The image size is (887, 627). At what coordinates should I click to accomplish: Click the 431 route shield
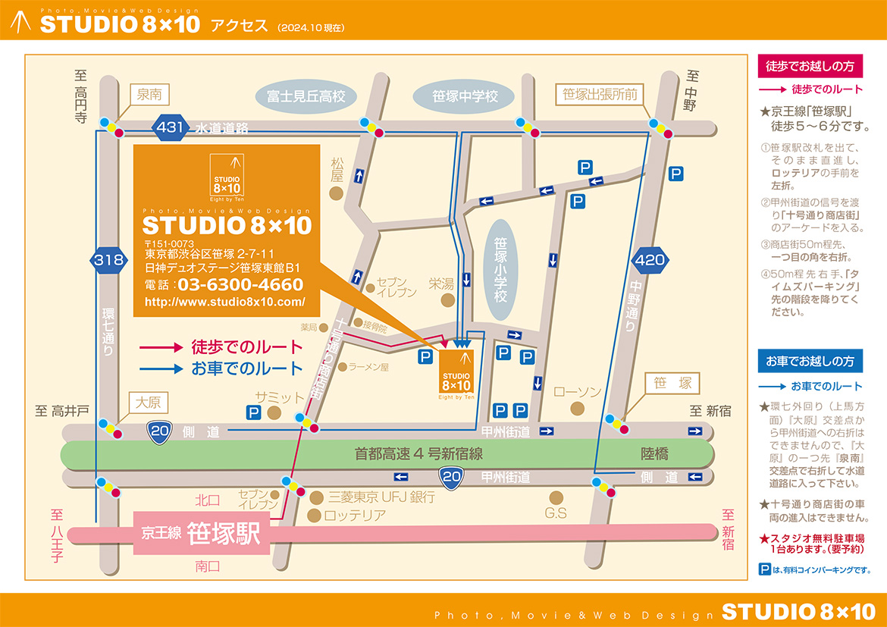(x=171, y=127)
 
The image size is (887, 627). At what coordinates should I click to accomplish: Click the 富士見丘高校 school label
(x=306, y=96)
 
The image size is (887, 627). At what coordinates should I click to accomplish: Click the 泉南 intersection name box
(x=149, y=95)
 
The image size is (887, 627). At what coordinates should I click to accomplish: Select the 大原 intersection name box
(x=149, y=402)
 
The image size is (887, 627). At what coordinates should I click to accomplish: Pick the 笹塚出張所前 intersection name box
(x=600, y=95)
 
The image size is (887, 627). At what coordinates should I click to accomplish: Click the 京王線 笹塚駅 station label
(x=202, y=533)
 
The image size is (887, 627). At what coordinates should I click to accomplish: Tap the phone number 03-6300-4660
(x=240, y=285)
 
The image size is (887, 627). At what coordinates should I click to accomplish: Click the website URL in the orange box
(x=224, y=302)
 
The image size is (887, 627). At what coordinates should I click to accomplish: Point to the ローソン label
(x=578, y=392)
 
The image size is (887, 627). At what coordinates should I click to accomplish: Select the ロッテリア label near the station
(x=355, y=515)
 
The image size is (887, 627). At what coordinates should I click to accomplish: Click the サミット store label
(x=279, y=397)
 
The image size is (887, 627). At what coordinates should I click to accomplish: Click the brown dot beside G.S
(x=556, y=497)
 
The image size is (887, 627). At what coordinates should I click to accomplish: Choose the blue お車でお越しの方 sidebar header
(x=810, y=361)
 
